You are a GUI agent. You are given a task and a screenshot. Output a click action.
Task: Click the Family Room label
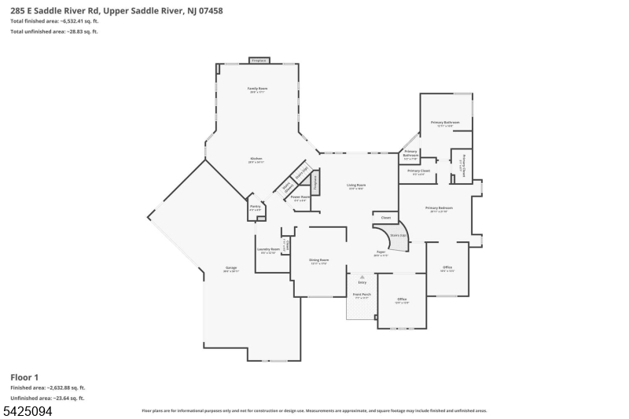(x=258, y=90)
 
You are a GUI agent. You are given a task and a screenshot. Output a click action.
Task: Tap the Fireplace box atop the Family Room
(x=258, y=61)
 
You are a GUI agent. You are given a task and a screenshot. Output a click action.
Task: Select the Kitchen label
(x=256, y=159)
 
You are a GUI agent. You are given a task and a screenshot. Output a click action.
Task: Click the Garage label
(x=230, y=268)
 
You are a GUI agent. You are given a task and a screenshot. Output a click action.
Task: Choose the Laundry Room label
(x=267, y=250)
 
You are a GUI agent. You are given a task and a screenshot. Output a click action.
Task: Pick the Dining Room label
(x=318, y=259)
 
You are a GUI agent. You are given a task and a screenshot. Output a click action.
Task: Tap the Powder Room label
(x=300, y=198)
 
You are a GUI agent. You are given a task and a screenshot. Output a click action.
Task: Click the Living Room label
(x=357, y=186)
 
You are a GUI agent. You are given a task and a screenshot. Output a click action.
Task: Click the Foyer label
(x=381, y=253)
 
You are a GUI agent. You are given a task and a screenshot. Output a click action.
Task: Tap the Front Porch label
(x=362, y=296)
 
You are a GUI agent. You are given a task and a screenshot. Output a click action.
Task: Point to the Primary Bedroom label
(x=436, y=208)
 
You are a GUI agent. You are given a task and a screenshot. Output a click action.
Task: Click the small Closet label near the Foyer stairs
(x=386, y=218)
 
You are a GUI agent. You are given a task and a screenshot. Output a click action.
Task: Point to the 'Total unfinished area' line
(x=53, y=31)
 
